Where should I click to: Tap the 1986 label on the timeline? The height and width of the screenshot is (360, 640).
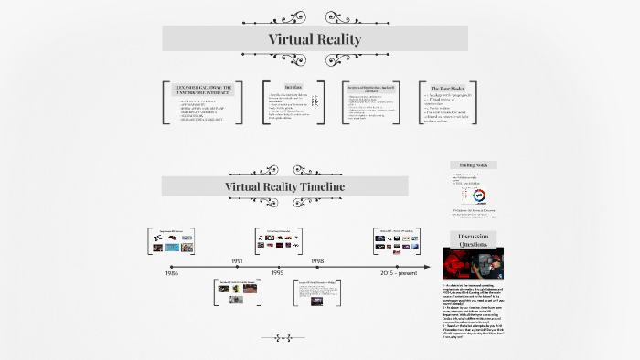coord(171,273)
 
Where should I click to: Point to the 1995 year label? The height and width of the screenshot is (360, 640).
coord(277,273)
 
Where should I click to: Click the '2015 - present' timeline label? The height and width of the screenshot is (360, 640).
coord(397,273)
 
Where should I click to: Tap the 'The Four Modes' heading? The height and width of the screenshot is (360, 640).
coord(447,88)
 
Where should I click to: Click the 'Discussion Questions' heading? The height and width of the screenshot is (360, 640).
coord(473,240)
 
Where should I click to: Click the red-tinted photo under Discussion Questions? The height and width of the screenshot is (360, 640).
coord(472,264)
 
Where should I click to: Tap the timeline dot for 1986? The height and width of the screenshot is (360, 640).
coord(171,266)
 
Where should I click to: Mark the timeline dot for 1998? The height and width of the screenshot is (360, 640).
coord(317,266)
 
